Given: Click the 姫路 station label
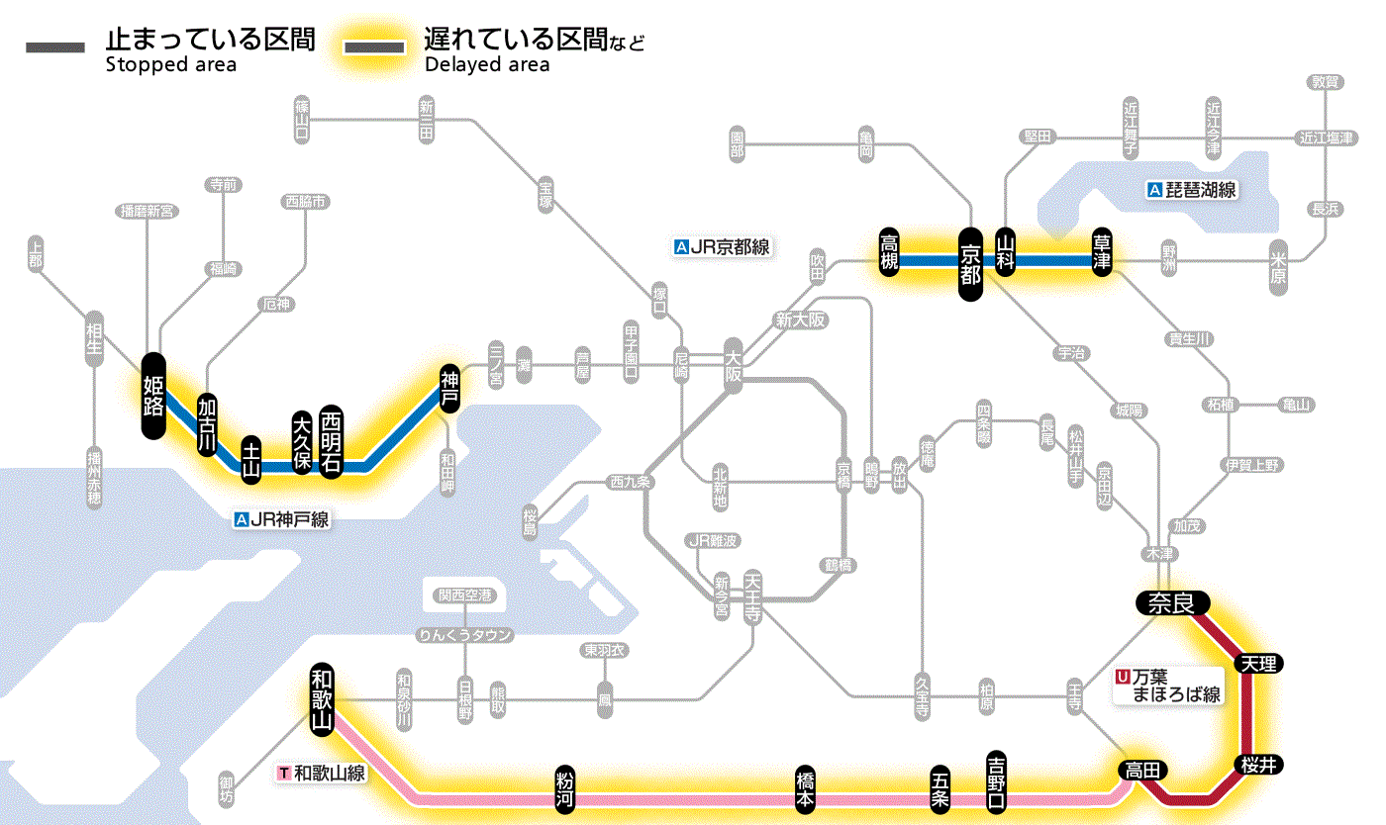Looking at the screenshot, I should click(x=153, y=395).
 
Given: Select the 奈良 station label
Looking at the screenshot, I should click(x=1172, y=602).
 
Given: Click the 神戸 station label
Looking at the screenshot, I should click(x=450, y=389).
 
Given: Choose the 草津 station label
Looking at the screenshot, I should click(x=1102, y=253).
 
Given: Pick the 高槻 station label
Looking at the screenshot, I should click(x=890, y=252).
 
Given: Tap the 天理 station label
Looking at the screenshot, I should click(x=1257, y=663).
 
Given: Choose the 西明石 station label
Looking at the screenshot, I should click(x=331, y=443).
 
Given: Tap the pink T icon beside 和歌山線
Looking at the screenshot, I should click(x=285, y=773).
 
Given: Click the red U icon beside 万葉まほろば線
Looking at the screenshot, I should click(x=1122, y=678).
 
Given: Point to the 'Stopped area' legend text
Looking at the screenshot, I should click(x=171, y=65).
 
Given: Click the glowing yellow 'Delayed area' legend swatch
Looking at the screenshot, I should click(x=373, y=46).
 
